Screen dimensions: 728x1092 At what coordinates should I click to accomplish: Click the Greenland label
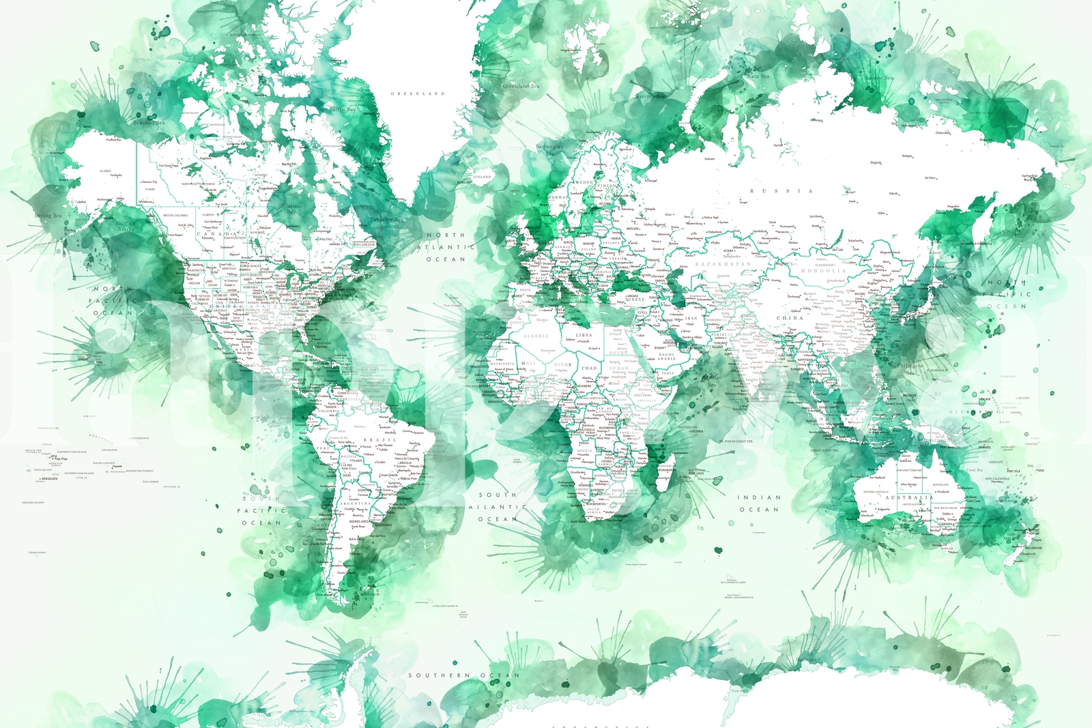click(418, 93)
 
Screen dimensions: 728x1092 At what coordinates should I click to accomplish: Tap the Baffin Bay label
click(343, 109)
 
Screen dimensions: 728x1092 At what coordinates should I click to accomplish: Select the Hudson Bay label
click(291, 208)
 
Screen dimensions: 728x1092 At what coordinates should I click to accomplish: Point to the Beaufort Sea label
click(149, 123)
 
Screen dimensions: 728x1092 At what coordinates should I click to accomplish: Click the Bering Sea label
click(48, 216)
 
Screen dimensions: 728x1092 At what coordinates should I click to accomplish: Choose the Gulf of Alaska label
click(126, 227)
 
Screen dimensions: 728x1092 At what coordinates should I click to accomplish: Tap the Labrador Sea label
click(387, 220)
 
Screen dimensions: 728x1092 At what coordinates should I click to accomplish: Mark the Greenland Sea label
click(521, 86)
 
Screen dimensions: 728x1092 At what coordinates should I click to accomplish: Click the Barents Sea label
click(650, 96)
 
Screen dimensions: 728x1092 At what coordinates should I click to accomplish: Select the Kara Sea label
click(758, 76)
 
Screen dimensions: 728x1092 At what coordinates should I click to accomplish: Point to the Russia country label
click(781, 191)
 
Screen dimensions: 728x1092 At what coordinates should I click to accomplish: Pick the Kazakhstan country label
click(723, 264)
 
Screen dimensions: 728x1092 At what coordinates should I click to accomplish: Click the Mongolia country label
click(822, 271)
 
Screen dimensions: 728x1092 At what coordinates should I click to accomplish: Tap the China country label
click(790, 318)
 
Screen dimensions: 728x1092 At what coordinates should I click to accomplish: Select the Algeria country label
click(536, 336)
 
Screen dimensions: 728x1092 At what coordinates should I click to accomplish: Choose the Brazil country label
click(379, 440)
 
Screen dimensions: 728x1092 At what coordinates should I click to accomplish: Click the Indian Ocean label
click(759, 504)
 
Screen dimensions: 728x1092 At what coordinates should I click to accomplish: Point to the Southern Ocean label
click(463, 675)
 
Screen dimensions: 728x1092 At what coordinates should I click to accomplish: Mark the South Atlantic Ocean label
click(498, 507)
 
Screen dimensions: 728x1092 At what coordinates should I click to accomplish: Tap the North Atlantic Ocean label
click(446, 247)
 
